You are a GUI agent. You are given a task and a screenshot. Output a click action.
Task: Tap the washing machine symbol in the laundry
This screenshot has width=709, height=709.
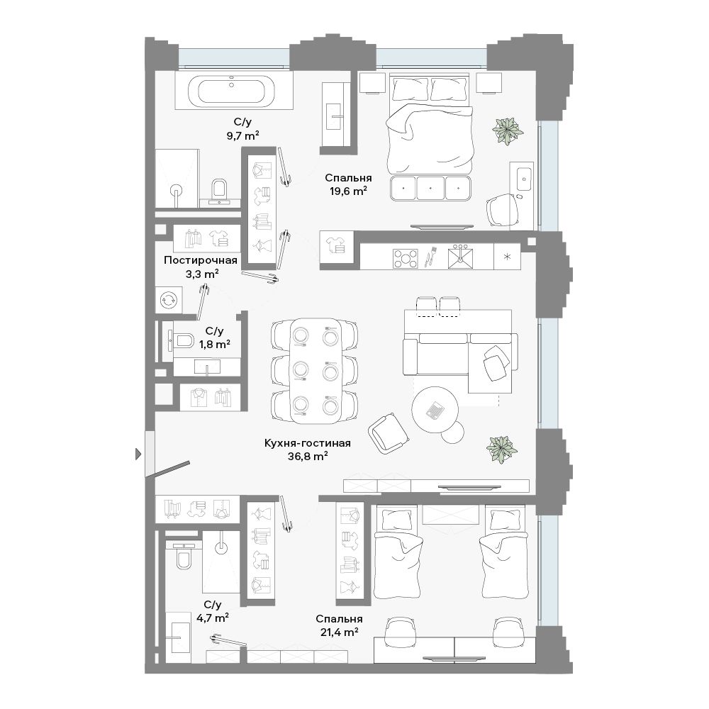(x=168, y=300)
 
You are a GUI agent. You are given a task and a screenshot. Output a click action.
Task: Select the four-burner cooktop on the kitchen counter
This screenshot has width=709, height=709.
(x=406, y=259)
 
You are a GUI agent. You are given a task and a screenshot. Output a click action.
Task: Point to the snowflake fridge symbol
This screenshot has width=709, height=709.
(x=507, y=257)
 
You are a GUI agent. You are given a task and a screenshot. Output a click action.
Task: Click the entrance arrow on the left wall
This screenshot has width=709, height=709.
(x=139, y=454)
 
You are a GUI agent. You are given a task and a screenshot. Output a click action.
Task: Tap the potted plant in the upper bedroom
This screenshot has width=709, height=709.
(x=508, y=131)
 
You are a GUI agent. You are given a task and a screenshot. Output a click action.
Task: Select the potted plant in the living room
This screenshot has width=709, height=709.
(x=502, y=450)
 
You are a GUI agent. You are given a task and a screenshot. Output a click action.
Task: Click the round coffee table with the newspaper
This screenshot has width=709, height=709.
(x=435, y=410)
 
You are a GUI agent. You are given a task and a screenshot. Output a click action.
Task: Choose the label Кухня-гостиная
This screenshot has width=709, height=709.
(x=308, y=443)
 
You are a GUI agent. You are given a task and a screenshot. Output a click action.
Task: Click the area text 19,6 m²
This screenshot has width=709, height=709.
(x=348, y=191)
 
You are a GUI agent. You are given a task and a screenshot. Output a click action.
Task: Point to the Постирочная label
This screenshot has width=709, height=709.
(x=201, y=260)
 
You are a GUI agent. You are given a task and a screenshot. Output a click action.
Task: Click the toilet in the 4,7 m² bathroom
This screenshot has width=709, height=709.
(x=184, y=555)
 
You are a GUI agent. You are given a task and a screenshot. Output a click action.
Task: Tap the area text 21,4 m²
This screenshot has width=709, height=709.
(x=340, y=632)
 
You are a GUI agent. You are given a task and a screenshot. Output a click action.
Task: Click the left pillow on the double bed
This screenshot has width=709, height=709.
(x=410, y=89)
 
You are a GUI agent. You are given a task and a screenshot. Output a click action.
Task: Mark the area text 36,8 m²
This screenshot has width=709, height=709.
(x=308, y=456)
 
